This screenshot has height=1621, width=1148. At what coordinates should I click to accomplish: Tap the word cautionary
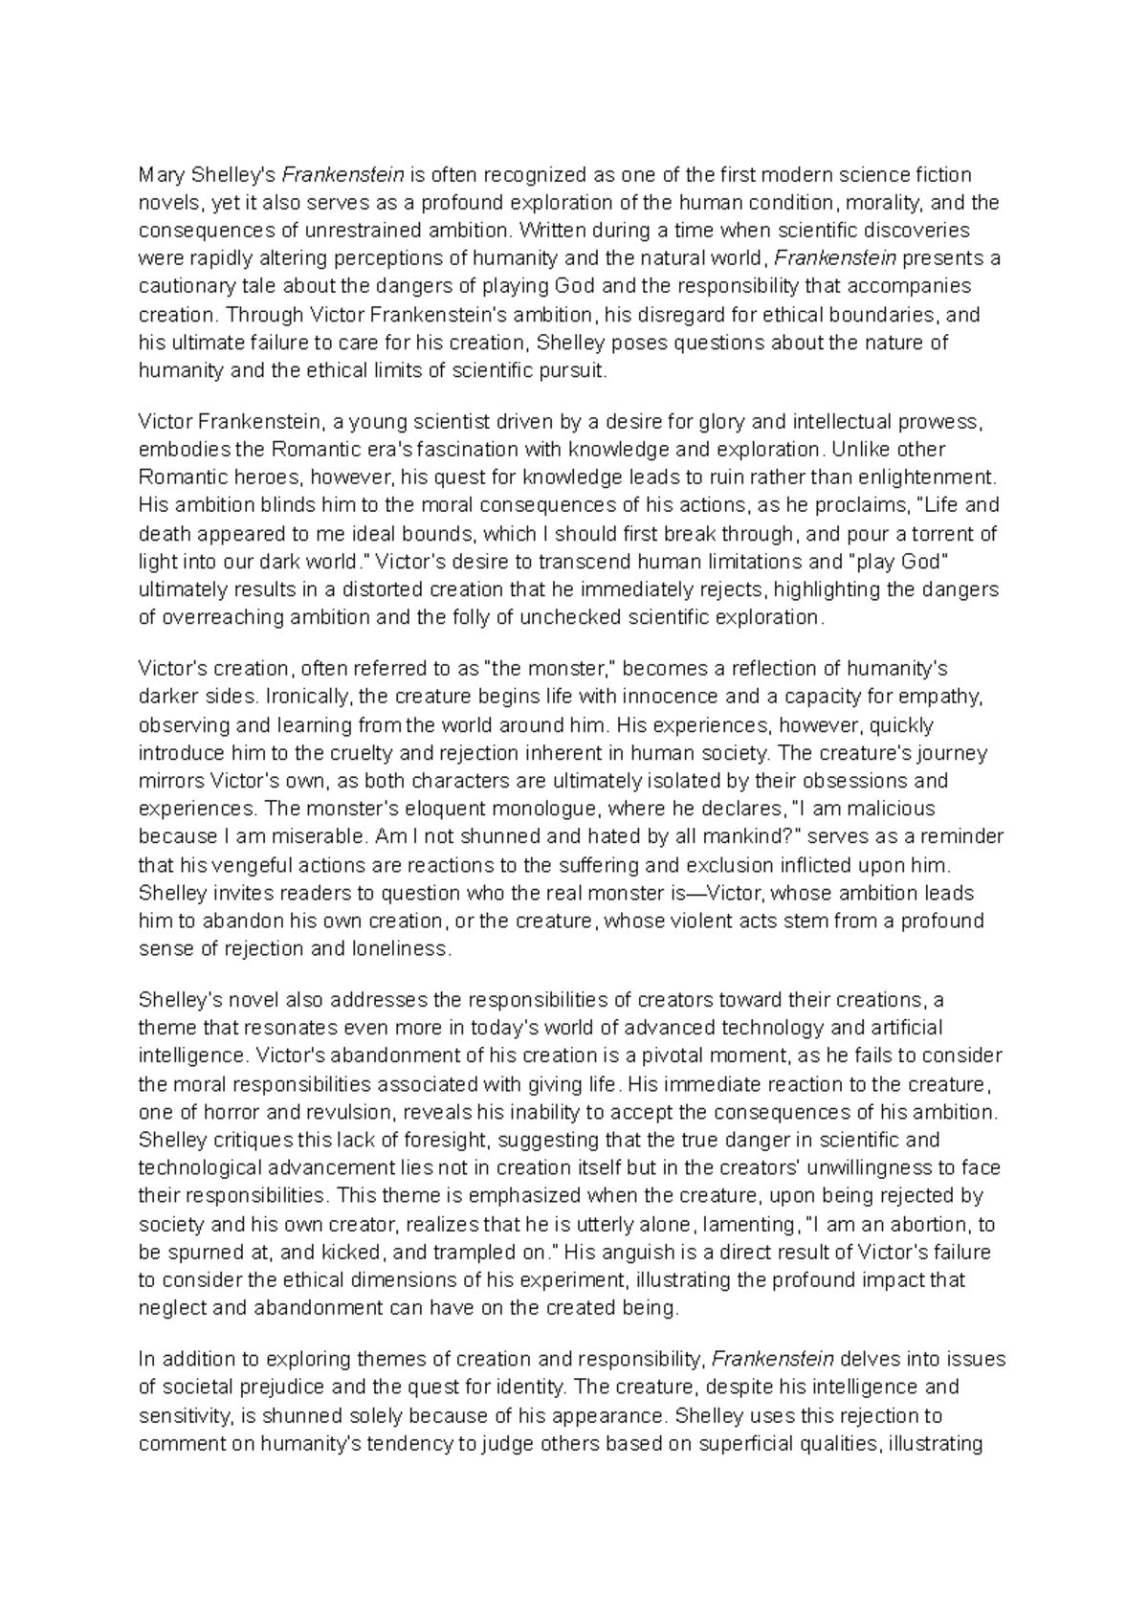coord(184,286)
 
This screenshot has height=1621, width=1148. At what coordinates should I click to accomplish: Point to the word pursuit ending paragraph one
coord(578,370)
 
